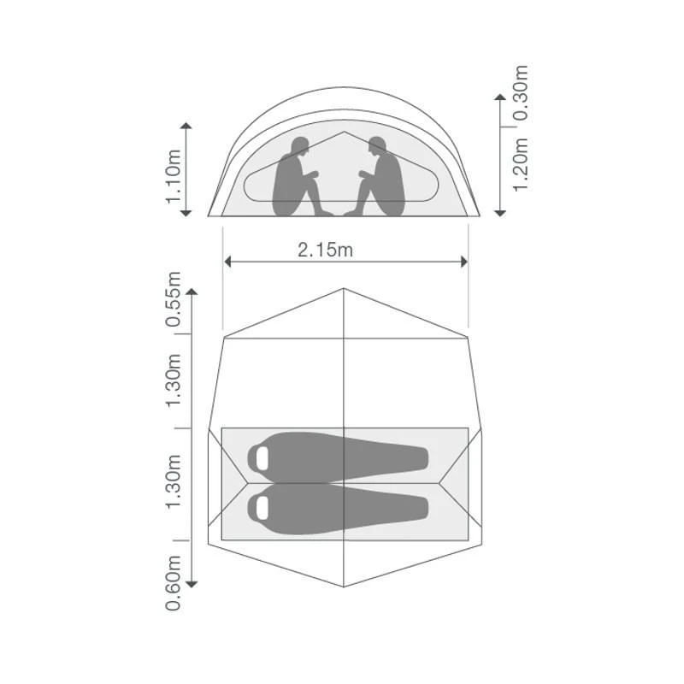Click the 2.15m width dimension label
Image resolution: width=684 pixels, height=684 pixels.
coord(324,250)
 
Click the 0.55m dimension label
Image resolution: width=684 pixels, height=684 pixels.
coord(174,301)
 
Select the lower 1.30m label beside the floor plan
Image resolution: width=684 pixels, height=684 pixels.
coord(174,483)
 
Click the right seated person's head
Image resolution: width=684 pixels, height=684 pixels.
coord(376,146)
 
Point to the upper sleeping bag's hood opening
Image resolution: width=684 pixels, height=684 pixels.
coord(259,457)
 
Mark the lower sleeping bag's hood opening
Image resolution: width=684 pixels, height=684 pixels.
coord(259,507)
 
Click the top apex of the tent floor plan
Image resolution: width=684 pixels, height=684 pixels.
coord(343,289)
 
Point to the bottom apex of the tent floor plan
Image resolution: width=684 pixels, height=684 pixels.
coord(343,587)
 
